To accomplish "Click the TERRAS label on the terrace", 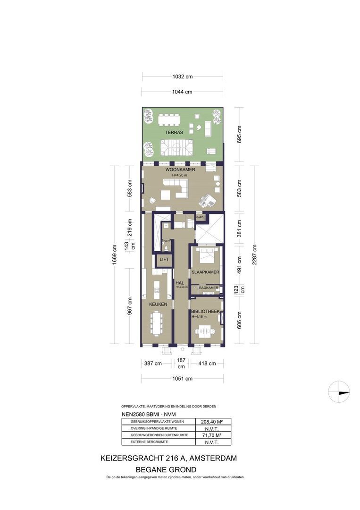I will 174,133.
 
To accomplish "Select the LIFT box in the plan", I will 164,260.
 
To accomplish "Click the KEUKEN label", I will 159,305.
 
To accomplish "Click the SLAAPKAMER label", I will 205,272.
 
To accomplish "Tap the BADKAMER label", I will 208,288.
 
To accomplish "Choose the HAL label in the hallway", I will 179,283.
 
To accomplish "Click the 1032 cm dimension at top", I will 183,76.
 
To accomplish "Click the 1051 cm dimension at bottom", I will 183,379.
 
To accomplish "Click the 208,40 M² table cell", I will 213,422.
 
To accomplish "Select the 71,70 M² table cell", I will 213,435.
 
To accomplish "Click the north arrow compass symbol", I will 339,391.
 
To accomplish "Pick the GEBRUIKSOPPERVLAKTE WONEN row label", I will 151,422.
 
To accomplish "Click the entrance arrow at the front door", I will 183,349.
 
